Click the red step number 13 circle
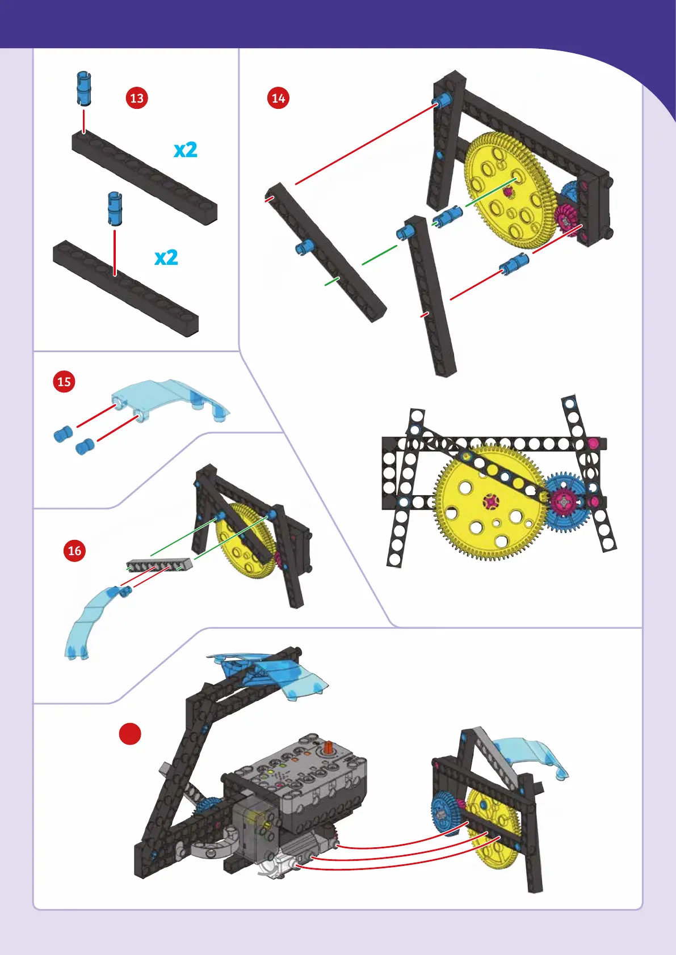tap(137, 98)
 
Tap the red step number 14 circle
tap(278, 98)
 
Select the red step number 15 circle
tap(64, 381)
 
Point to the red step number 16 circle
tap(74, 551)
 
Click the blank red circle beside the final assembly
tap(130, 734)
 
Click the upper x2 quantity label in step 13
tap(186, 150)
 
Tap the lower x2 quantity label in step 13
tap(166, 257)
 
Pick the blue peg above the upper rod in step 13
tap(84, 88)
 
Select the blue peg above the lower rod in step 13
tap(115, 208)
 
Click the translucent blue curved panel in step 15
tap(171, 399)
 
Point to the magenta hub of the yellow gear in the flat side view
tap(491, 501)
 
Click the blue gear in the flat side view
tap(567, 502)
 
